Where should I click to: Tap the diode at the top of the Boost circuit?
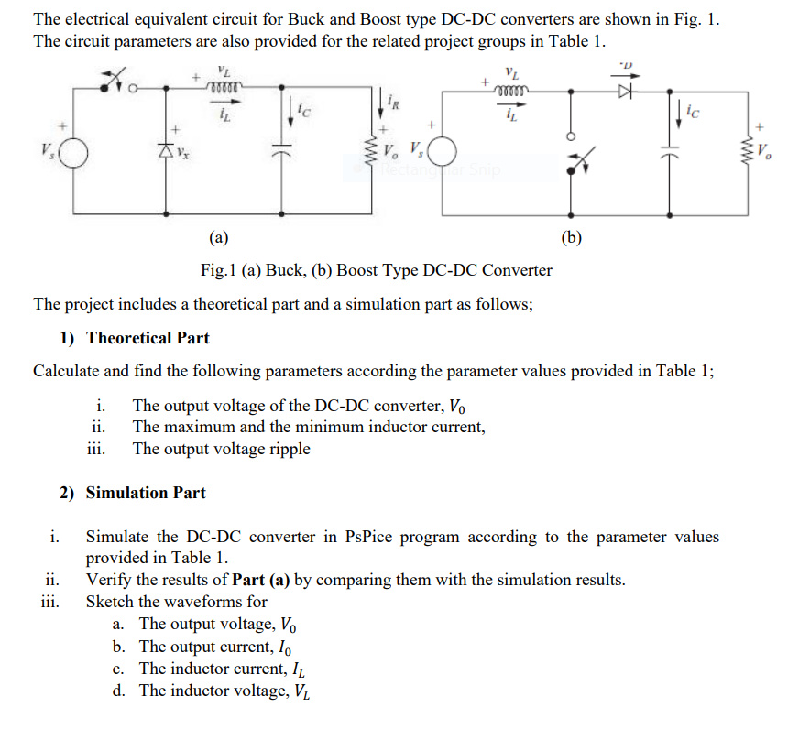tap(627, 91)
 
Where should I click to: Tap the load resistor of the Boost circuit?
tap(750, 149)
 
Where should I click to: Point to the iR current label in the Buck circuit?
tap(393, 100)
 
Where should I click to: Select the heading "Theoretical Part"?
tap(148, 338)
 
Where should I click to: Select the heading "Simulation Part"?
tap(146, 493)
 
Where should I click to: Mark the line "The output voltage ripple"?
tap(222, 449)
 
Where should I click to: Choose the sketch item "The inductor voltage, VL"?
tap(224, 691)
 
